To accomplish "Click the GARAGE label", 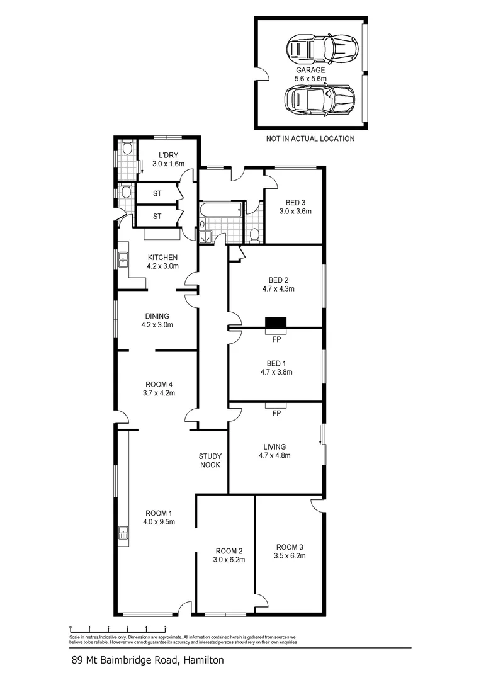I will (x=310, y=70).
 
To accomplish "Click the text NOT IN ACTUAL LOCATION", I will (x=310, y=139).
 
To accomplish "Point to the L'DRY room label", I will (x=167, y=155).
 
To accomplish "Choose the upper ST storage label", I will (x=157, y=193).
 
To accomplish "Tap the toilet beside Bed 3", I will (x=254, y=235).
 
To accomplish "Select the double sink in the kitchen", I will (x=123, y=257).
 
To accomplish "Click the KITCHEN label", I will (x=162, y=257).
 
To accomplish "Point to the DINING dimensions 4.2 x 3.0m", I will (x=157, y=326).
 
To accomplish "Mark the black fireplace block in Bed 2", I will (x=276, y=324).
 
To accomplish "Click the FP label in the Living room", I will (x=276, y=414).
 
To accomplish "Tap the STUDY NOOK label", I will (x=210, y=460).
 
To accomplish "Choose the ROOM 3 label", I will (x=290, y=547).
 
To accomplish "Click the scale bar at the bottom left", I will (x=118, y=628).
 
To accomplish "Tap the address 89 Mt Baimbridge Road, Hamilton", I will (x=147, y=660).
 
